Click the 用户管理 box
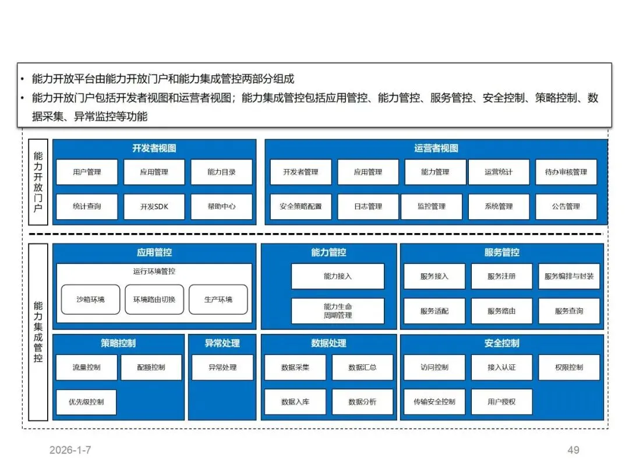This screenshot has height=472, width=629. click(x=87, y=172)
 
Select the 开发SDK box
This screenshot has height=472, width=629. click(x=154, y=206)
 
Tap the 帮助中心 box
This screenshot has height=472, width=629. click(x=221, y=206)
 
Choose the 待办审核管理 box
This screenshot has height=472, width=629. click(x=566, y=172)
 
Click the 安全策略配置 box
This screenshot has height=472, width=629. click(x=301, y=206)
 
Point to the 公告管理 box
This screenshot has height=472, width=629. click(x=566, y=206)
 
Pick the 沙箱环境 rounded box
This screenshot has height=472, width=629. click(x=90, y=300)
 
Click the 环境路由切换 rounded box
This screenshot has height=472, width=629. click(x=154, y=300)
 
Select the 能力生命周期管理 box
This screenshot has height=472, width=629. click(x=338, y=311)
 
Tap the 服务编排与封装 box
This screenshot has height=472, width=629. click(x=568, y=276)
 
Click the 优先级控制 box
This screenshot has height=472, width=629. click(x=86, y=401)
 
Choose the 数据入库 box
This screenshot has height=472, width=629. click(x=295, y=401)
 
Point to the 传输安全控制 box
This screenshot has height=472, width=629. click(x=434, y=401)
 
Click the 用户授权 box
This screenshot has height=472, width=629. click(x=501, y=401)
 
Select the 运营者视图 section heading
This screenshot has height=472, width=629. click(x=436, y=149)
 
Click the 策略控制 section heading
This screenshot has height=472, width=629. click(x=118, y=343)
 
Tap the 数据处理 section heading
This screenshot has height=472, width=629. click(x=328, y=343)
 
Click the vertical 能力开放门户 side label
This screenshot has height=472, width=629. click(x=38, y=181)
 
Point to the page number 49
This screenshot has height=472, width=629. click(x=573, y=450)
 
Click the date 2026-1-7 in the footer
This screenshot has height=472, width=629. click(x=70, y=450)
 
